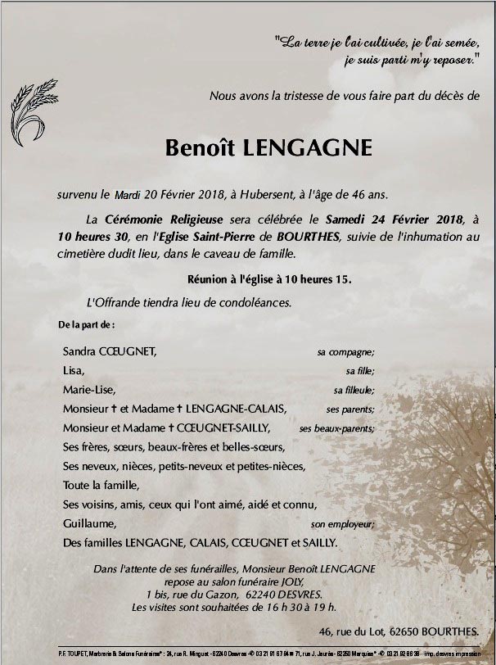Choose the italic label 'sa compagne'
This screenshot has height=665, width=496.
tap(345, 352)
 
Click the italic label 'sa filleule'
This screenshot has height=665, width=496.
tap(354, 391)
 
